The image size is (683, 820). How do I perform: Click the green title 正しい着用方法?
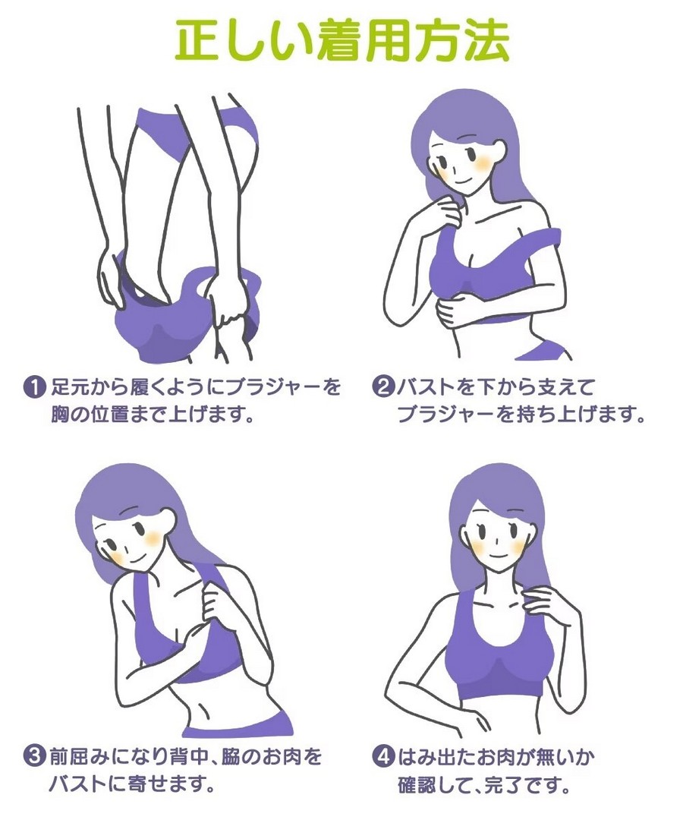(x=341, y=40)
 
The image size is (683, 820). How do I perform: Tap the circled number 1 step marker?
(x=34, y=388)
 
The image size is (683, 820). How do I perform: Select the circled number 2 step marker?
(x=382, y=388)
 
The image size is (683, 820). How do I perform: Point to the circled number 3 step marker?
(x=34, y=757)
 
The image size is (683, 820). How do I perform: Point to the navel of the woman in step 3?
(x=203, y=703)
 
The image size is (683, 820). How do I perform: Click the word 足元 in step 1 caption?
(x=71, y=388)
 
